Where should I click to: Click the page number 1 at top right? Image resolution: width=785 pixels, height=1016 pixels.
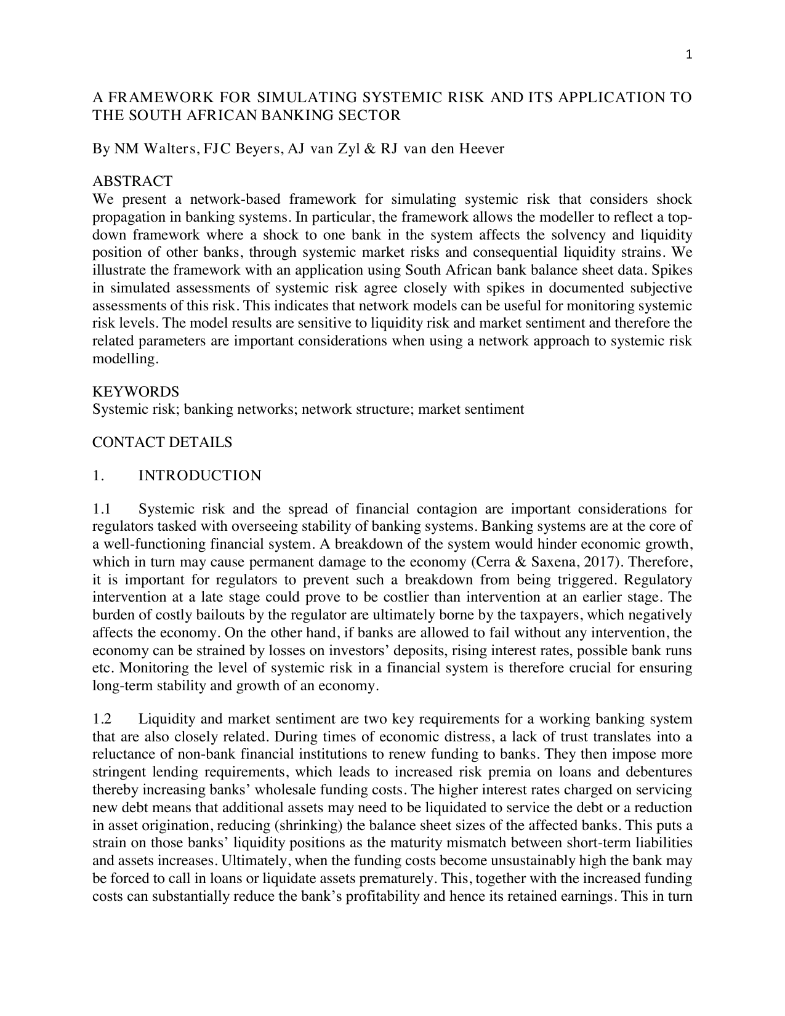click(689, 55)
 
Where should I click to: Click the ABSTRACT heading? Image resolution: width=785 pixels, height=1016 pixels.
click(132, 182)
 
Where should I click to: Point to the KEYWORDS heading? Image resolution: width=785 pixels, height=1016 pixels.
click(135, 392)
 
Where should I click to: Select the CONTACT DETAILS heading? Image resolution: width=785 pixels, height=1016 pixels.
click(162, 442)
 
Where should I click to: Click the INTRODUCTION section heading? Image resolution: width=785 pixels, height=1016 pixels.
click(199, 476)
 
